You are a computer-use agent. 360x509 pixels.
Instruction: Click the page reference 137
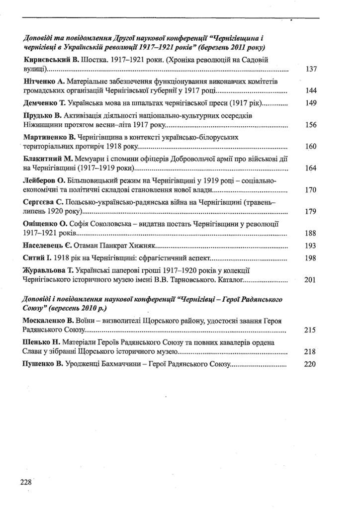[x=311, y=69]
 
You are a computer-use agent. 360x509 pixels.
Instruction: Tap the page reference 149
[x=311, y=103]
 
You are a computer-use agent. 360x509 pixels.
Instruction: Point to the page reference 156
[x=311, y=125]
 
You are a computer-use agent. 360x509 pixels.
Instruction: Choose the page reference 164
[x=311, y=168]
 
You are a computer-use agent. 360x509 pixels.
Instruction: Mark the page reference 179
[x=311, y=212]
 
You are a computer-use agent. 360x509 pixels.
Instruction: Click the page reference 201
[x=310, y=280]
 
